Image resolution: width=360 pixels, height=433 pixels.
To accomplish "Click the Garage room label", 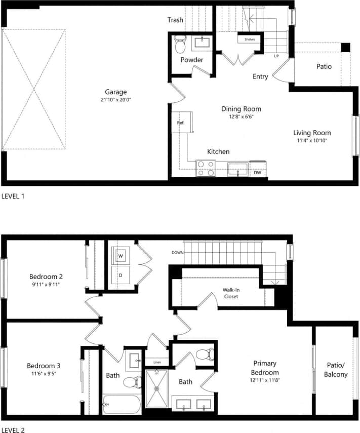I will (115, 92).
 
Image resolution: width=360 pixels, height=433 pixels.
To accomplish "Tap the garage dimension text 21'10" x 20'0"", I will (115, 100).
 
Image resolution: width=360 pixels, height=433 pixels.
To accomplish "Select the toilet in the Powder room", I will (180, 44).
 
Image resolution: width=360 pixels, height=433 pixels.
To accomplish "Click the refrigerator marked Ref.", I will (180, 123).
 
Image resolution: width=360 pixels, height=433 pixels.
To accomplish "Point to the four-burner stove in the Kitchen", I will (206, 168).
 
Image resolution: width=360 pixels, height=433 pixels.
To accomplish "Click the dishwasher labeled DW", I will (257, 172).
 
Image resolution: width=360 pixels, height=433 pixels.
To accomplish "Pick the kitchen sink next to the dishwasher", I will (237, 169).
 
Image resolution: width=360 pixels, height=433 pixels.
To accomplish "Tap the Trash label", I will (175, 20).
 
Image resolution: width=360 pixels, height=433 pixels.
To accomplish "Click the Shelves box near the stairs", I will (250, 39).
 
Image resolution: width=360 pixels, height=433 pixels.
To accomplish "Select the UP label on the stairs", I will (276, 56).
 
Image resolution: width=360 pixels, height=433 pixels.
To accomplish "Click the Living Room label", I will (311, 133).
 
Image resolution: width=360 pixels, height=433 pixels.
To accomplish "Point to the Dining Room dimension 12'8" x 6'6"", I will (241, 117).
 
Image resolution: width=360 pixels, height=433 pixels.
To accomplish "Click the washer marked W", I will (121, 256).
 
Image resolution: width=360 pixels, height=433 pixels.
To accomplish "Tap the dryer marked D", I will (121, 275).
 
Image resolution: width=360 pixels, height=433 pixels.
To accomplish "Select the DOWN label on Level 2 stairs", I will (177, 252).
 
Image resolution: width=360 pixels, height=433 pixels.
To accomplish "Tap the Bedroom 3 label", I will (44, 365).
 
